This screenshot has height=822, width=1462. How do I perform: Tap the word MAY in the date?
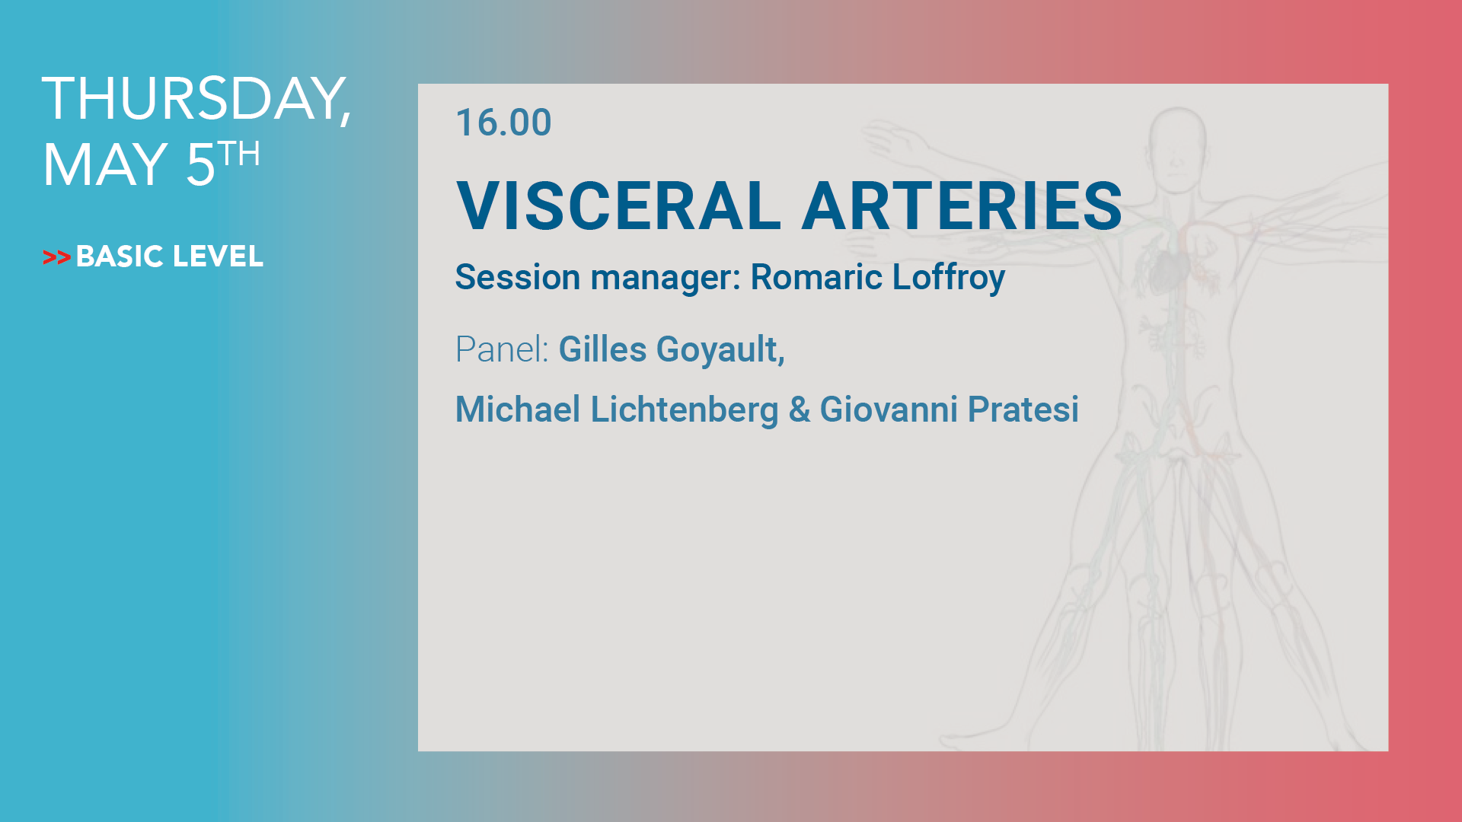pyautogui.click(x=105, y=164)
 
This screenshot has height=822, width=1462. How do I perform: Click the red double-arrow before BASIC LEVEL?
pyautogui.click(x=57, y=258)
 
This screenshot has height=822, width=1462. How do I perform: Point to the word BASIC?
pyautogui.click(x=120, y=256)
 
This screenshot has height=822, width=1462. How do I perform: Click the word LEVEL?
pyautogui.click(x=218, y=256)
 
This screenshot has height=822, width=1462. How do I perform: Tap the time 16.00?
pyautogui.click(x=503, y=123)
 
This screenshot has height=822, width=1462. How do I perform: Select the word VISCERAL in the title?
pyautogui.click(x=618, y=205)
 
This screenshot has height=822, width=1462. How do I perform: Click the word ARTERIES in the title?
pyautogui.click(x=962, y=205)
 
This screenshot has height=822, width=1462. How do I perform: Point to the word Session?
pyautogui.click(x=518, y=277)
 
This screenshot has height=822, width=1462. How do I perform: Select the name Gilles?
pyautogui.click(x=602, y=350)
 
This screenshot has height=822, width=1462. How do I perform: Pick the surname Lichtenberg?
pyautogui.click(x=685, y=410)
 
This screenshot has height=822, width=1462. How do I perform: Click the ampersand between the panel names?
pyautogui.click(x=800, y=409)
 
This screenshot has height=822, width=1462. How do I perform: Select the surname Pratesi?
pyautogui.click(x=1023, y=409)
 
